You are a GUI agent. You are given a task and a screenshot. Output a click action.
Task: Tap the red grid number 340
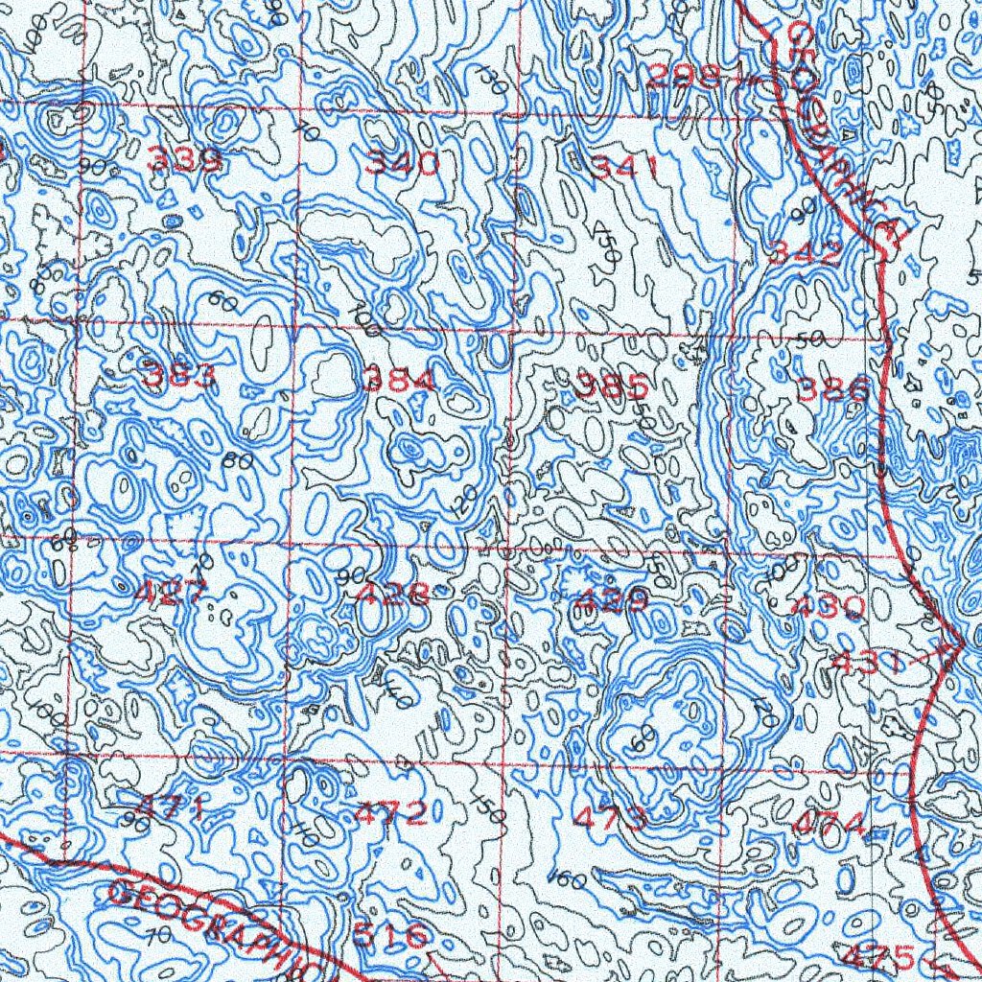(x=402, y=163)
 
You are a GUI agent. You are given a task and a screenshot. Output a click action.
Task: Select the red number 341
(x=623, y=169)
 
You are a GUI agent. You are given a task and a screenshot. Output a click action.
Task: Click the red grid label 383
(x=179, y=376)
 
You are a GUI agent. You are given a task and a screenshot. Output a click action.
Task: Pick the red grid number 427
(x=169, y=593)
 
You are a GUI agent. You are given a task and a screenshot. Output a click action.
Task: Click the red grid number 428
(x=390, y=595)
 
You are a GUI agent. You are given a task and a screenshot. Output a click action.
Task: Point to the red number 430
(x=829, y=606)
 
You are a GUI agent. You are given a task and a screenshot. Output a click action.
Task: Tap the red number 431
(x=869, y=662)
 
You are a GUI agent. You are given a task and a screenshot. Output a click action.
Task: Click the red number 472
(x=391, y=814)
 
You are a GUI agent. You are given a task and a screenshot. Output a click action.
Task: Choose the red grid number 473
(x=610, y=818)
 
